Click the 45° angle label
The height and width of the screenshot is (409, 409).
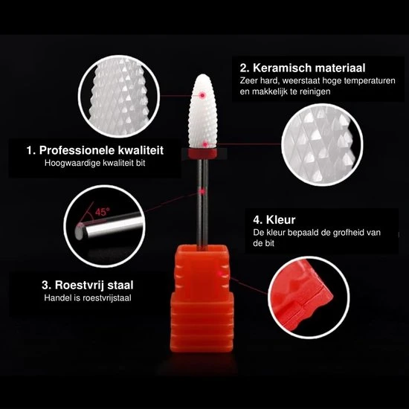101,213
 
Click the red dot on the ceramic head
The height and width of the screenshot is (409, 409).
203,96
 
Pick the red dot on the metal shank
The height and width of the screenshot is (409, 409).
202,192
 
